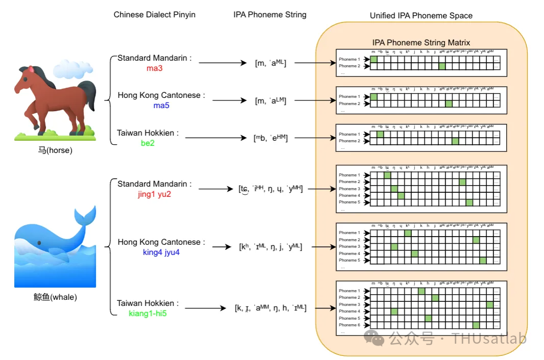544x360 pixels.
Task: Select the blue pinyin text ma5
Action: [x=161, y=106]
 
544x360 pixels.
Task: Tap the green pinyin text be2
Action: [x=148, y=143]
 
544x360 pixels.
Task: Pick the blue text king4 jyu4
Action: [x=161, y=252]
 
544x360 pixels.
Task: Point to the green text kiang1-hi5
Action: [x=148, y=313]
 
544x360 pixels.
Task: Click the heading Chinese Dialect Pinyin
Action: [x=154, y=15]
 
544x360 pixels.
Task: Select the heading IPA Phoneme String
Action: [x=270, y=15]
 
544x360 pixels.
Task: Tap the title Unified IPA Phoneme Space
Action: [x=421, y=16]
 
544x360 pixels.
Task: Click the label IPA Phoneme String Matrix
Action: [x=421, y=43]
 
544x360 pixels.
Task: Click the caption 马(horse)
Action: [x=55, y=151]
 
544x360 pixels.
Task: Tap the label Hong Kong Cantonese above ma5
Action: [x=161, y=95]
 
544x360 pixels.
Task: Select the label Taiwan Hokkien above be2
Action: [x=148, y=133]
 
